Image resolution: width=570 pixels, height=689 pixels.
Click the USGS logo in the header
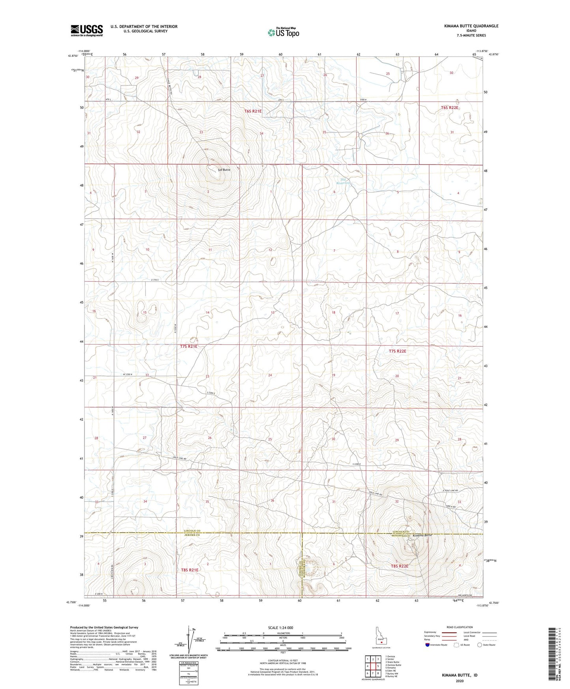point(86,30)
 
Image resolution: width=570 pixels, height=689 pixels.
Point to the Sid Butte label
point(224,170)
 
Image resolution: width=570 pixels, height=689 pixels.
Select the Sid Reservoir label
point(344,181)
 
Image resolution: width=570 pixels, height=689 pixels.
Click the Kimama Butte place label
point(422,535)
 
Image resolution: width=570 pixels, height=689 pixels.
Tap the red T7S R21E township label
point(189,346)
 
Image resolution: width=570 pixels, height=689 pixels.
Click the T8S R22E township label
point(399,566)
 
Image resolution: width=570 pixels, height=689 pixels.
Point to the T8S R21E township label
point(190,570)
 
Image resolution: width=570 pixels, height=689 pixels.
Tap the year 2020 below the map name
point(460,681)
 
